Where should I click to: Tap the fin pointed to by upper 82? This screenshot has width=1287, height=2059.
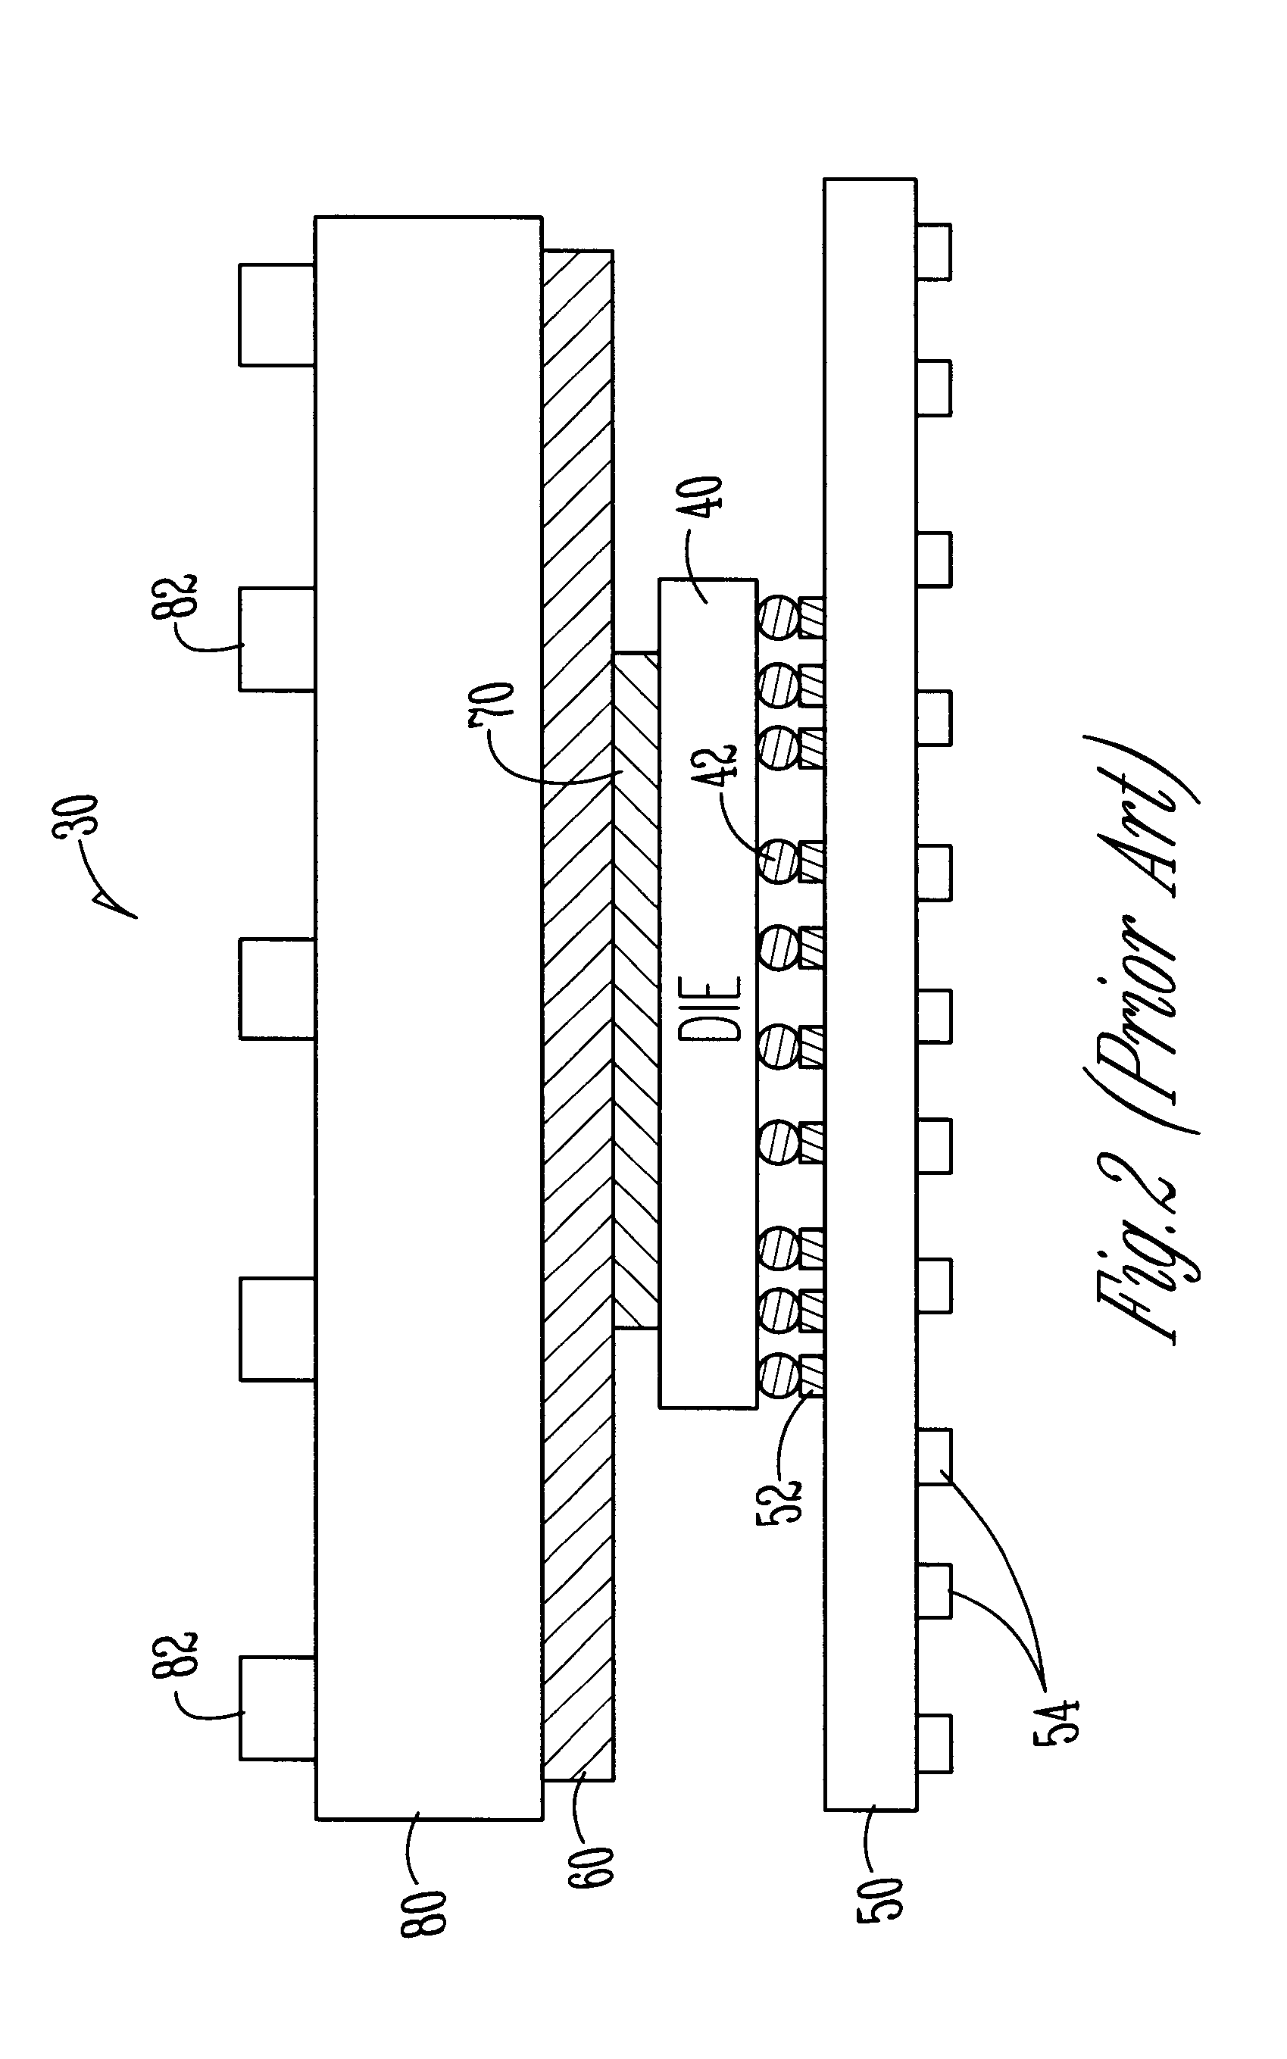tap(276, 639)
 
